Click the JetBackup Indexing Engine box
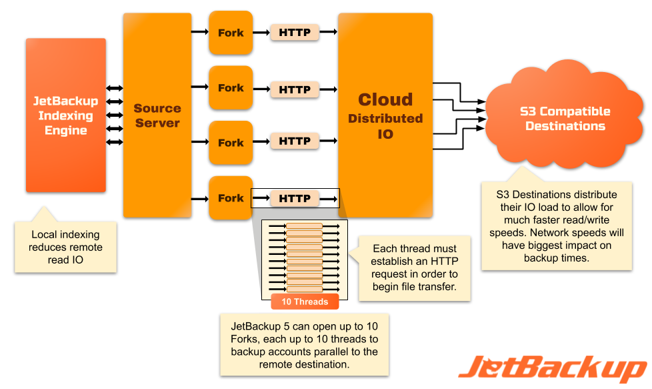[65, 115]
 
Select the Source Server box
[157, 115]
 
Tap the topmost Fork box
[231, 33]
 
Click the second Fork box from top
[231, 87]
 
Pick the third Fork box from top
[231, 143]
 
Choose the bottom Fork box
[231, 198]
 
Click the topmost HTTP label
[295, 32]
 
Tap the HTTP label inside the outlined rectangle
[295, 199]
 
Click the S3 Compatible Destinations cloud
[565, 119]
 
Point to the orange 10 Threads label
[305, 302]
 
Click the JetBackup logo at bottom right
[553, 368]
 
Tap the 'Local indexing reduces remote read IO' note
[65, 247]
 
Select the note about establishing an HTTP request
[416, 267]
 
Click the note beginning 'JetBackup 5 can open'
[305, 344]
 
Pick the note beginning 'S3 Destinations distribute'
[557, 226]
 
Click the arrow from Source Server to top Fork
[199, 31]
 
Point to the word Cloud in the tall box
[385, 100]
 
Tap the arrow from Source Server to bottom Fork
[199, 198]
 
